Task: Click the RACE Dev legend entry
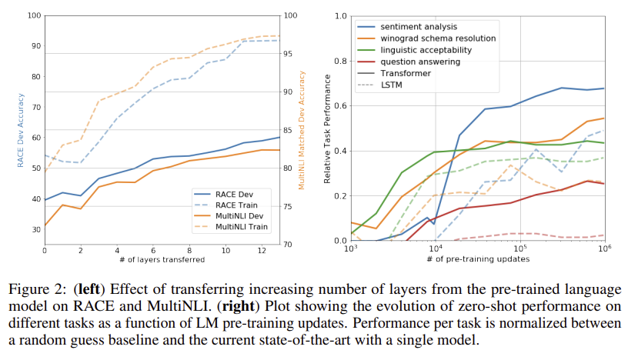click(x=235, y=194)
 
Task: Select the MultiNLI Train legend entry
click(x=240, y=227)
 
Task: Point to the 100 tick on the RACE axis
click(x=34, y=15)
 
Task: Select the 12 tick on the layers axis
click(x=262, y=251)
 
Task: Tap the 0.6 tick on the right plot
click(x=339, y=105)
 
